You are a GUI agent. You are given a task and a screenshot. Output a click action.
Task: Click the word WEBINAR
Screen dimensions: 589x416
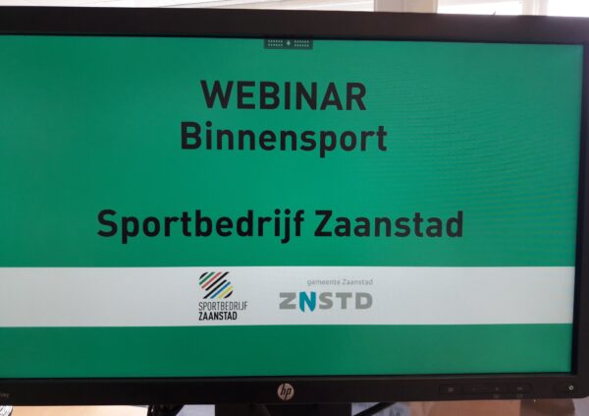pyautogui.click(x=284, y=95)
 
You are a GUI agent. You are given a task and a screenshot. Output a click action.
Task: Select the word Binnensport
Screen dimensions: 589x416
pyautogui.click(x=284, y=140)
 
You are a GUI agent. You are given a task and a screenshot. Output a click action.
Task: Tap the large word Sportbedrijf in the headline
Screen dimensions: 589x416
pyautogui.click(x=200, y=225)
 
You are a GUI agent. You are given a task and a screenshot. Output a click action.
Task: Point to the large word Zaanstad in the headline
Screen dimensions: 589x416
pyautogui.click(x=389, y=223)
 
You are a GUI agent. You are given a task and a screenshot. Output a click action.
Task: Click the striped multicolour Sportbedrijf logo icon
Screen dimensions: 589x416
pyautogui.click(x=216, y=285)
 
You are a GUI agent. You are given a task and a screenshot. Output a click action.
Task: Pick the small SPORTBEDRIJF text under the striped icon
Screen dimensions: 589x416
pyautogui.click(x=223, y=306)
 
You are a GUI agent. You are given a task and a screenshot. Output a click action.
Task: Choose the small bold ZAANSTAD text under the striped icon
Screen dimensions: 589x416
pyautogui.click(x=218, y=316)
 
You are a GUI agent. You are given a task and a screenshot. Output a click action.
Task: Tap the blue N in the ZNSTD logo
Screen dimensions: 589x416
pyautogui.click(x=307, y=302)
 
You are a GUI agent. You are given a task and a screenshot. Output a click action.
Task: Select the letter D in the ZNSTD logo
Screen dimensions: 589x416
pyautogui.click(x=363, y=301)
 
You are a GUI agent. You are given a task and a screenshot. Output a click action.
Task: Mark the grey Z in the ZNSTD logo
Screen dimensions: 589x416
pyautogui.click(x=289, y=301)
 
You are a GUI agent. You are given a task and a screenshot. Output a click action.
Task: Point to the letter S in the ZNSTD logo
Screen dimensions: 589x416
pyautogui.click(x=326, y=301)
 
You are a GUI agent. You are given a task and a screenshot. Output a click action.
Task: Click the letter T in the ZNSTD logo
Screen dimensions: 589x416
pyautogui.click(x=345, y=301)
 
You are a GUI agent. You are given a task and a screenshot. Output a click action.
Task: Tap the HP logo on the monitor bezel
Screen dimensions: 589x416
pyautogui.click(x=286, y=392)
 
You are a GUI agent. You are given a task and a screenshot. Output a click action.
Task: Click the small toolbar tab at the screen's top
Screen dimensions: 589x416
pyautogui.click(x=288, y=43)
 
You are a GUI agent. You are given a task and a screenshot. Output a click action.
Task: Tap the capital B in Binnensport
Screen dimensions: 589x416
pyautogui.click(x=190, y=137)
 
